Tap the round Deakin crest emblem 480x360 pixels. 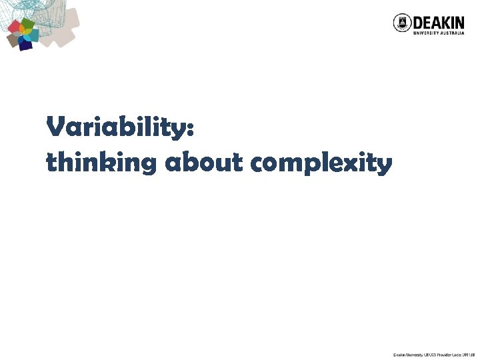tap(402, 23)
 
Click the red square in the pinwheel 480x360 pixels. tap(14, 27)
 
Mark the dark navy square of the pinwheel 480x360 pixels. tap(25, 45)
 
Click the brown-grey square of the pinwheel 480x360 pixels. tap(13, 40)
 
